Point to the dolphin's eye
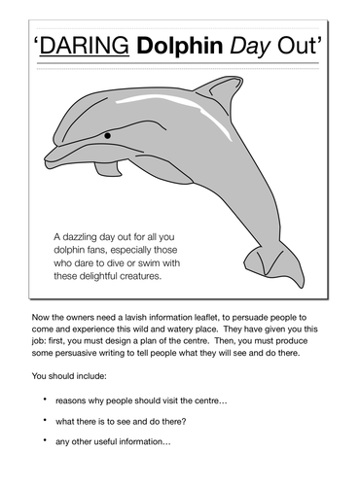tap(106, 133)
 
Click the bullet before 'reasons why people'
tap(46, 400)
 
